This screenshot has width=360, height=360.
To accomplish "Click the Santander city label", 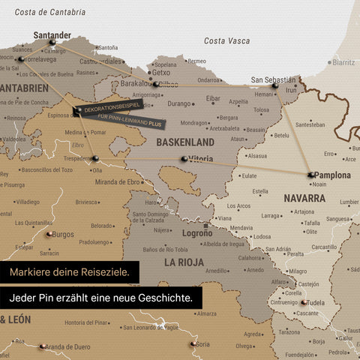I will click(52, 34).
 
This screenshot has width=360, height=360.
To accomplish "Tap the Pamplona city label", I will click(332, 175).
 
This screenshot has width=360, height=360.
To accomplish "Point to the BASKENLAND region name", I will click(186, 142).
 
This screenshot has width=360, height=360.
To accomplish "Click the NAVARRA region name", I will click(304, 199).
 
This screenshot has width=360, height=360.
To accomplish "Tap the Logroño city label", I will click(197, 233).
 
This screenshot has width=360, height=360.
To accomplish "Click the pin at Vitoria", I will click(184, 159).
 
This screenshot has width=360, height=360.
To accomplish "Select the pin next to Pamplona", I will click(310, 175).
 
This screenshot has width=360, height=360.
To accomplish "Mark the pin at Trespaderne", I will click(95, 158).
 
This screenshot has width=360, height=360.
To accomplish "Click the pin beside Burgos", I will click(49, 234).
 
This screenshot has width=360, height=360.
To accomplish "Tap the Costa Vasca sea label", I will click(227, 40).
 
